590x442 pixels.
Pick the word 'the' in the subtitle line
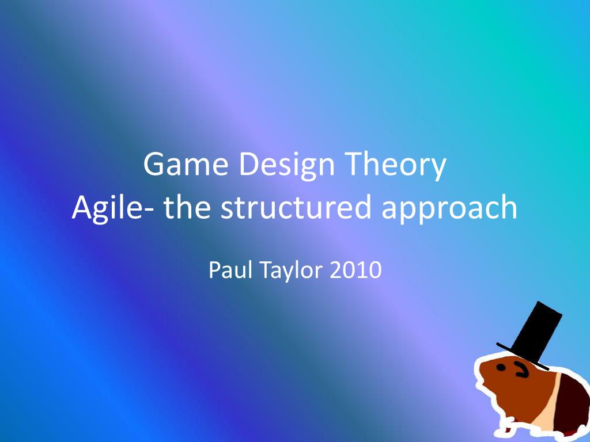[x=187, y=206]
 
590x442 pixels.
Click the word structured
[x=296, y=206]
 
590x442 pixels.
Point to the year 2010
[x=355, y=269]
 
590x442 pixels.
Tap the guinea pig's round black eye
[x=501, y=368]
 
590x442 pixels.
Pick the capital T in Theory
[x=355, y=164]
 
